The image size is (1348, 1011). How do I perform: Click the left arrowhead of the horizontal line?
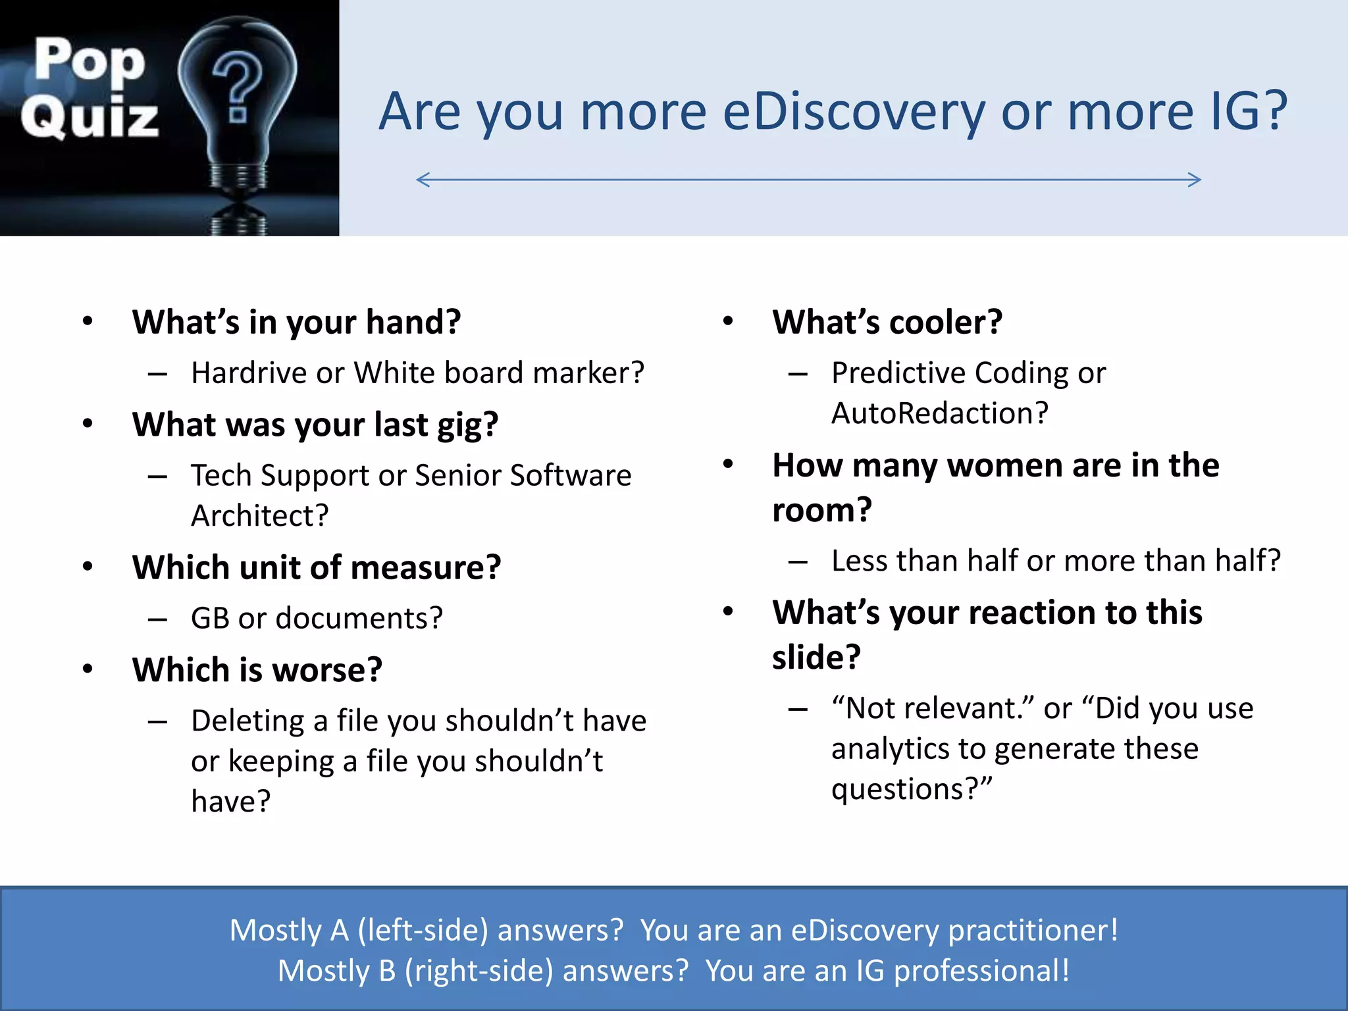pyautogui.click(x=423, y=180)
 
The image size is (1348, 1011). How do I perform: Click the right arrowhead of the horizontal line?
pyautogui.click(x=1194, y=180)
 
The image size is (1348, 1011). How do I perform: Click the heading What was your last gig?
pyautogui.click(x=315, y=425)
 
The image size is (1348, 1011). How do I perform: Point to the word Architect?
pyautogui.click(x=259, y=515)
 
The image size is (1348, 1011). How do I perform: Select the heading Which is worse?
pyautogui.click(x=257, y=670)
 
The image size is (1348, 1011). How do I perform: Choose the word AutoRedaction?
pyautogui.click(x=939, y=413)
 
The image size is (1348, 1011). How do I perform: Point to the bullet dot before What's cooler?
pyautogui.click(x=728, y=321)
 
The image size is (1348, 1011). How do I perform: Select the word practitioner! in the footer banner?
pyautogui.click(x=1033, y=930)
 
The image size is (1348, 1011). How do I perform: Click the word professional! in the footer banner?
pyautogui.click(x=981, y=971)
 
